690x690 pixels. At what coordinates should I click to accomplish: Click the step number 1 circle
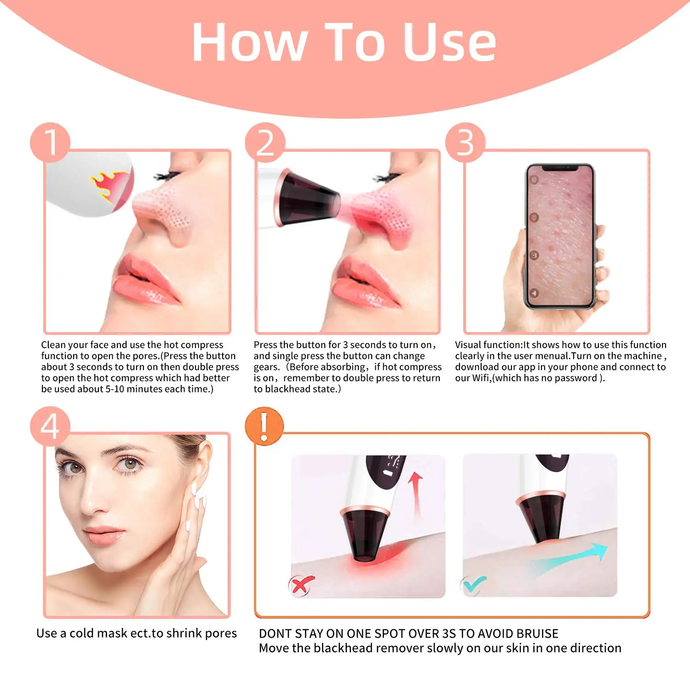50,142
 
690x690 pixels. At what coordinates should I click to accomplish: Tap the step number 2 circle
265,142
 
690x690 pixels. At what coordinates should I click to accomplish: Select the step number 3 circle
466,142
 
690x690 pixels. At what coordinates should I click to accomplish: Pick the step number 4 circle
50,426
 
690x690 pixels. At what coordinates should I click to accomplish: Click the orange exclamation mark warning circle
264,426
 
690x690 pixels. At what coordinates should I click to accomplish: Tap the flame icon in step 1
110,185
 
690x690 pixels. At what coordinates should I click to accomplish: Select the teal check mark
473,585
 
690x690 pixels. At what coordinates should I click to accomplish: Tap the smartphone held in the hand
560,236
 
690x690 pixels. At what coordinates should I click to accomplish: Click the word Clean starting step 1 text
55,345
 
